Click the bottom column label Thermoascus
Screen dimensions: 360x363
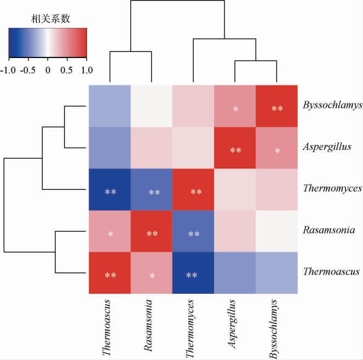[x=107, y=327]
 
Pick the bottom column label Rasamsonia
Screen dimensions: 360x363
[x=149, y=325]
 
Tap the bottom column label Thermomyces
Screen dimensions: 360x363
[x=191, y=327]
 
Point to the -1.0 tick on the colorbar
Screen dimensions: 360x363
[x=8, y=70]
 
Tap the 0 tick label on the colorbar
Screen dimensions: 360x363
[x=47, y=70]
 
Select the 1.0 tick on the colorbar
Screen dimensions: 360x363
[x=87, y=70]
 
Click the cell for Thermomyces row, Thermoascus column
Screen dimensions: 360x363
[x=110, y=189]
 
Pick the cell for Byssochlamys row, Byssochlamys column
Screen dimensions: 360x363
[x=277, y=106]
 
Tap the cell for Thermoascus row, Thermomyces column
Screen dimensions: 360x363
[x=193, y=272]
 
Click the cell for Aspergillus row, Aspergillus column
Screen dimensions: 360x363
[x=235, y=148]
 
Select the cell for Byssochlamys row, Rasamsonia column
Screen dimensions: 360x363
[x=152, y=106]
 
